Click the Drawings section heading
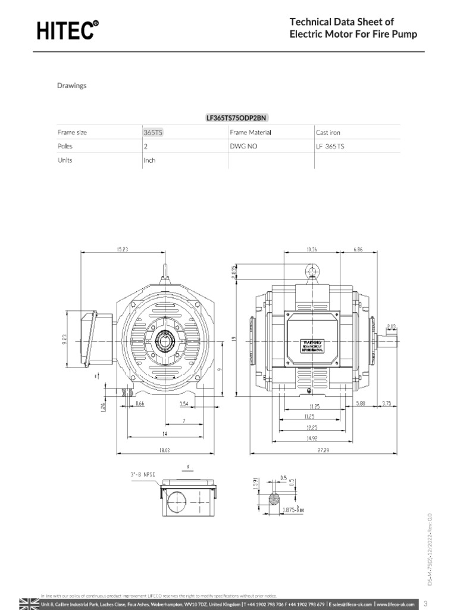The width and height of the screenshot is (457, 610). point(71,85)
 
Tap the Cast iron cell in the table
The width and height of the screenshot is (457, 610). point(328,132)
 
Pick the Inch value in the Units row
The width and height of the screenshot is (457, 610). point(149,160)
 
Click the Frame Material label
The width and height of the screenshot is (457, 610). point(250,132)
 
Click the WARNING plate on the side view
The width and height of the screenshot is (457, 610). point(313,346)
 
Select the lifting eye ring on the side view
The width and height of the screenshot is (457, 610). point(312,272)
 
